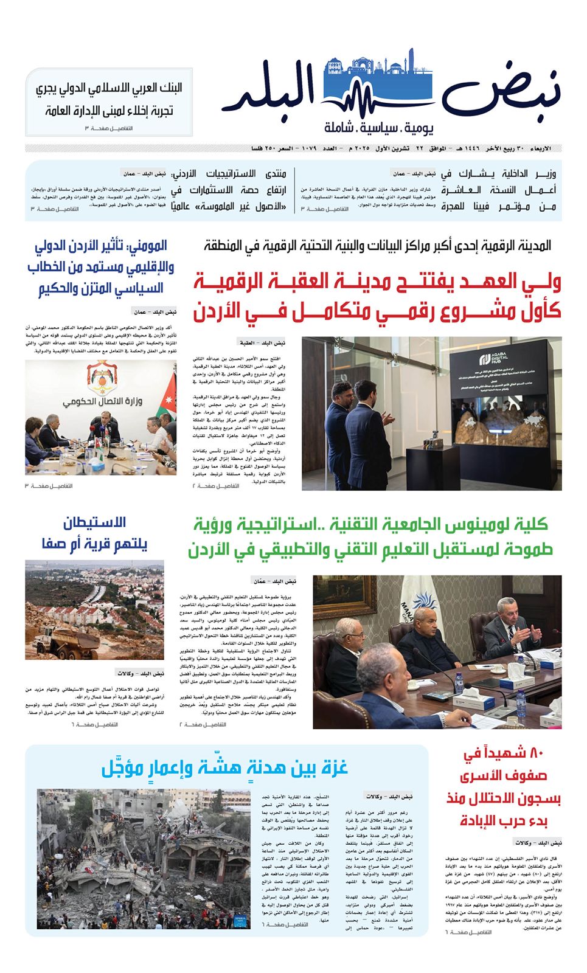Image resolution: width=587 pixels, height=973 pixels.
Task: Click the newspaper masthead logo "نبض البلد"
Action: pyautogui.click(x=389, y=91)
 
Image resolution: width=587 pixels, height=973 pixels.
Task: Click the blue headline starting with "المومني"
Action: pyautogui.click(x=101, y=267)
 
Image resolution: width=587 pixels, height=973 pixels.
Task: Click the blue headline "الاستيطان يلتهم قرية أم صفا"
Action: pyautogui.click(x=95, y=533)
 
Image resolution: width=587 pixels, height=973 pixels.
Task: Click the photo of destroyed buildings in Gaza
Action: pyautogui.click(x=144, y=859)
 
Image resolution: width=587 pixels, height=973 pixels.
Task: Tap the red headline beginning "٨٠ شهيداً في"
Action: pyautogui.click(x=504, y=787)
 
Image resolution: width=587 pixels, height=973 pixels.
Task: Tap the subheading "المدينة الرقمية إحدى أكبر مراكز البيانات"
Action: pyautogui.click(x=377, y=246)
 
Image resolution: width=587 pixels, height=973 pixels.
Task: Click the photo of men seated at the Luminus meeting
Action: pyautogui.click(x=437, y=652)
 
